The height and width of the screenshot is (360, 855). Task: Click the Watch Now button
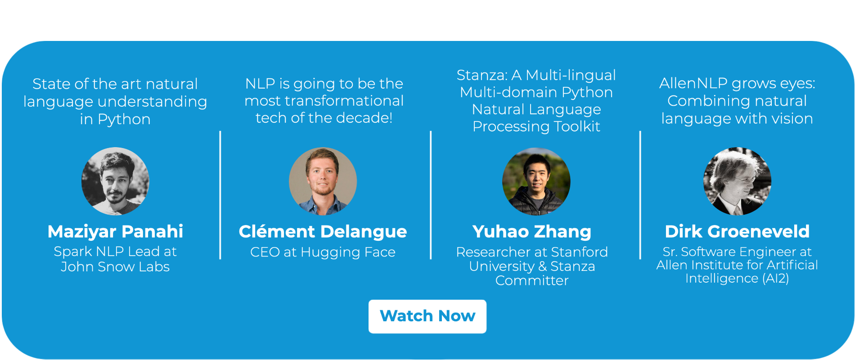click(x=427, y=316)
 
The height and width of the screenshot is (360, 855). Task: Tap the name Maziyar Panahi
click(x=115, y=231)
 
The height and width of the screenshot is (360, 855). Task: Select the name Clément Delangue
click(x=323, y=232)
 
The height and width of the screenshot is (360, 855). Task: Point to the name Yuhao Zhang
click(x=532, y=232)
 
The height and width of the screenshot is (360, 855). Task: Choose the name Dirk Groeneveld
click(x=737, y=231)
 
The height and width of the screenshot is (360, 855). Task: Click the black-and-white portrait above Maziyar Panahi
click(x=115, y=181)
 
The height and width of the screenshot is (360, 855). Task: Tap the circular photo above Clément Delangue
click(x=323, y=181)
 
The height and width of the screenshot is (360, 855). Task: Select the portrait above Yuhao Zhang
click(x=536, y=181)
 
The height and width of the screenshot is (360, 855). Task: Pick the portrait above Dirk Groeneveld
click(x=737, y=181)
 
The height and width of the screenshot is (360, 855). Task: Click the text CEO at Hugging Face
click(x=323, y=252)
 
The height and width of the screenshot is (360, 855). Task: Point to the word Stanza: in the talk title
click(x=482, y=75)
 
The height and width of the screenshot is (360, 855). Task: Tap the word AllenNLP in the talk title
click(x=693, y=83)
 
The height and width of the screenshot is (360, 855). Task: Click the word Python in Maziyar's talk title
click(x=124, y=120)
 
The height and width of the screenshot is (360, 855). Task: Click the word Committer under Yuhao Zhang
click(x=532, y=280)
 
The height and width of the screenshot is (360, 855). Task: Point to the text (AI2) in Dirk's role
click(x=776, y=279)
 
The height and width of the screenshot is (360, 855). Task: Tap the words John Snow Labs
click(x=115, y=267)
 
